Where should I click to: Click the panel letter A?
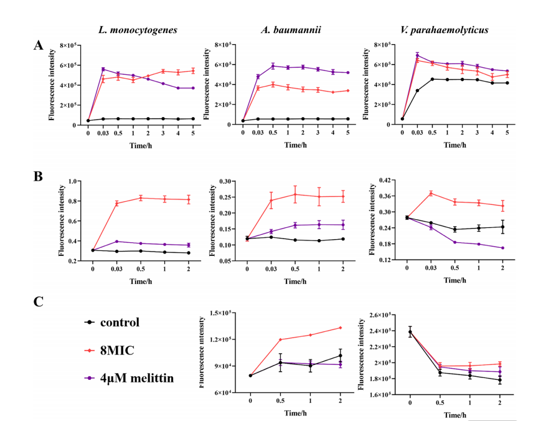[39, 45]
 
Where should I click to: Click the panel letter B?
[39, 176]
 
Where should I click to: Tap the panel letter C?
[39, 302]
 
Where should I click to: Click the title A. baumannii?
[291, 30]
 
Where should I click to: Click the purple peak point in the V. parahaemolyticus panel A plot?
[418, 55]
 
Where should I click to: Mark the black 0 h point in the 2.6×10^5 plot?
[410, 331]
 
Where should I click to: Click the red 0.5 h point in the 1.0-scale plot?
[141, 198]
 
